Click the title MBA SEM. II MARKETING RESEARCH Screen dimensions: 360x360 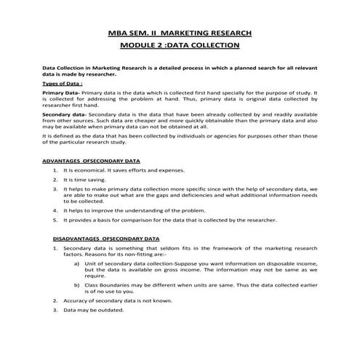(179, 33)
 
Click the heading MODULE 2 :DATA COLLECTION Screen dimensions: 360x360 (179, 45)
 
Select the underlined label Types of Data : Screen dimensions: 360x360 (61, 84)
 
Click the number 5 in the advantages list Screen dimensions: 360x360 (55, 219)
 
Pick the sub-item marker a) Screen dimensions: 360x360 (77, 264)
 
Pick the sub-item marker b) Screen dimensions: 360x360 (77, 284)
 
